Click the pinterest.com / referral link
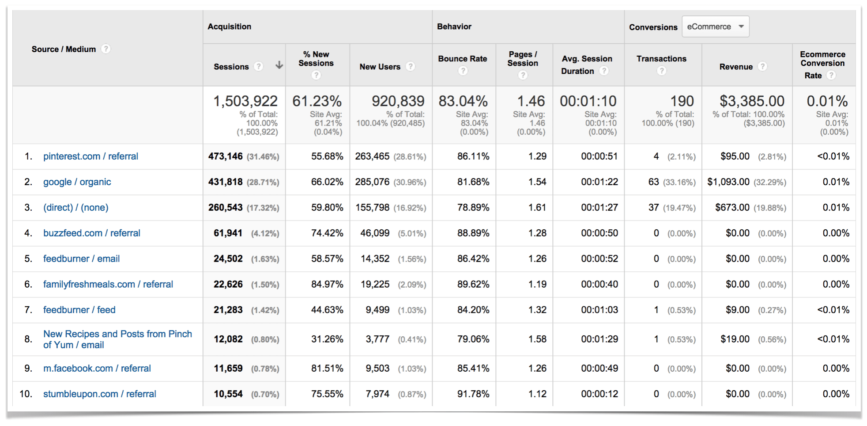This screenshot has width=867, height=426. point(90,156)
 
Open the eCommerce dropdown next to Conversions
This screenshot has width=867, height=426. point(715,27)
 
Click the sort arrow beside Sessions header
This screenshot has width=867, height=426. point(279,65)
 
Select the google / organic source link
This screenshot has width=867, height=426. point(77,182)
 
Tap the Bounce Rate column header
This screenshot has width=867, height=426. point(462,59)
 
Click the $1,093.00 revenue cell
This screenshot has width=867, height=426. point(728,182)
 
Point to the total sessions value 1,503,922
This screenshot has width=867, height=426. point(245,101)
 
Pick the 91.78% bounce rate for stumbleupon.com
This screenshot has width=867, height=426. point(473,394)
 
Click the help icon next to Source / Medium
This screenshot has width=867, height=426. point(106,49)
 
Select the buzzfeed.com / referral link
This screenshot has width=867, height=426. point(91,233)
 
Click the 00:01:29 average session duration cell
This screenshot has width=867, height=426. point(599,339)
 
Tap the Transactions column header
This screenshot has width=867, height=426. point(661,59)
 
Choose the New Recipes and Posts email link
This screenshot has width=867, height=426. point(117,339)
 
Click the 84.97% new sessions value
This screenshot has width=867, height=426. point(327,284)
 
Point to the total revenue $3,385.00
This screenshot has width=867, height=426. point(751,101)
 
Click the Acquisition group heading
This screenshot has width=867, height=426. point(229,27)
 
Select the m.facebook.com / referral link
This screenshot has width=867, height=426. point(97,369)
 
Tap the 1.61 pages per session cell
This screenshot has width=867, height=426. point(537,208)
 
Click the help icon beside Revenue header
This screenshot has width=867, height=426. point(762,66)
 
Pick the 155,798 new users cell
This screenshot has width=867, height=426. point(372,208)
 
